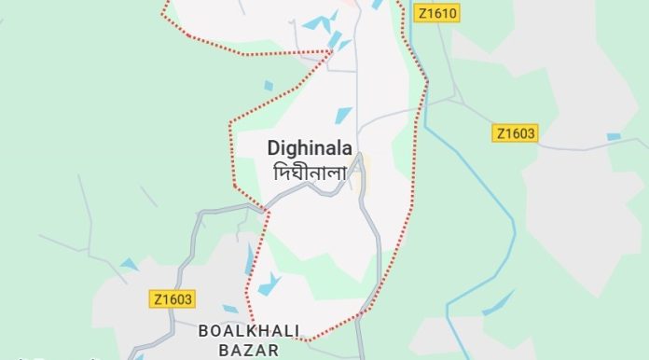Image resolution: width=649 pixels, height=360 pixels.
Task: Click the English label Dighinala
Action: pos(309,148)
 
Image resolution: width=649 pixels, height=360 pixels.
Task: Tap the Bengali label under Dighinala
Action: pos(309,173)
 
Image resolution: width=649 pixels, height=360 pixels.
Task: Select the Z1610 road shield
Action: pos(438,13)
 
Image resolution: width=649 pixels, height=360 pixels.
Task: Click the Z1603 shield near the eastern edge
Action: pos(515,133)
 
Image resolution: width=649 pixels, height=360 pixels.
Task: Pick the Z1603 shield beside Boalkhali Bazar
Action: pos(172,299)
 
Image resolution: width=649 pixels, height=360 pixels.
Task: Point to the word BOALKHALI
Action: pos(239,331)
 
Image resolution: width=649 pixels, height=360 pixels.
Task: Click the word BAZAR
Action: pos(239,350)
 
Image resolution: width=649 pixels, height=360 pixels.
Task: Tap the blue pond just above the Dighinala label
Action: pos(343,116)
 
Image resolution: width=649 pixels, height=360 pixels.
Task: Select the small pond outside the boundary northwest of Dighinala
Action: pos(269,86)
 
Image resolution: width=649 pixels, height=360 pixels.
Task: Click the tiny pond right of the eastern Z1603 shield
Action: pos(613,137)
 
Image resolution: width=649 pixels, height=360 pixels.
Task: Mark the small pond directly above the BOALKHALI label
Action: pos(228,309)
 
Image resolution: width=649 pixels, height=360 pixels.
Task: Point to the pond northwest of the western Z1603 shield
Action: pos(129,265)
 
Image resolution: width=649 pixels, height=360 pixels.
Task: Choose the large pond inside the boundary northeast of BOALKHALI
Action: pos(270,284)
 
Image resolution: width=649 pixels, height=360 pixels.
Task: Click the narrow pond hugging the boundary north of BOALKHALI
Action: pos(249,259)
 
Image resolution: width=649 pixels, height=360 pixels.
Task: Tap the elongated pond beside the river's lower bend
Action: pos(498,301)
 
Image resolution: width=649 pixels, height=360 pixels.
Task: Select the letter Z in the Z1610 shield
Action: pos(424,13)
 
